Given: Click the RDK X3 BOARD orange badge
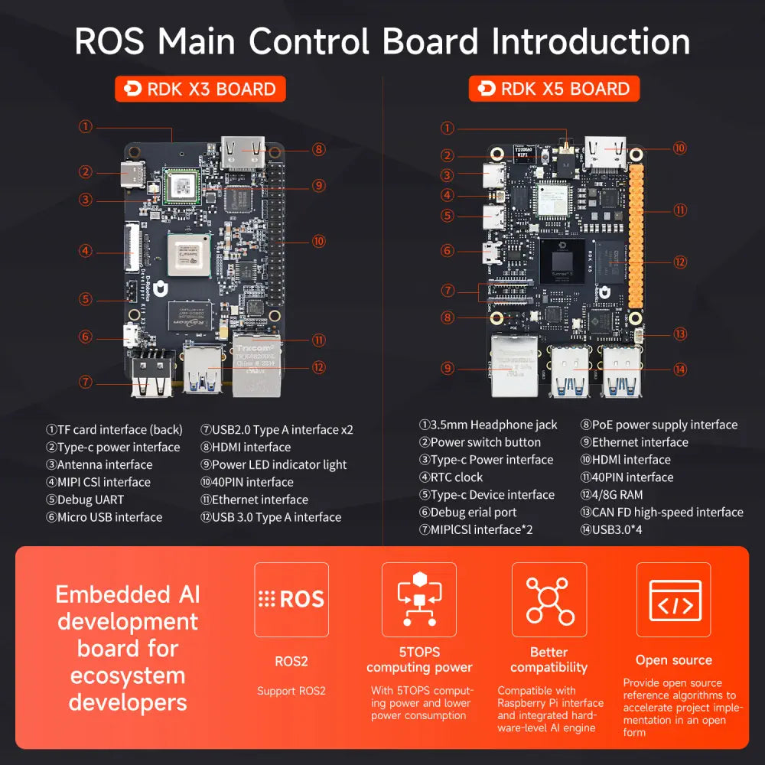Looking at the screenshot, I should [200, 89].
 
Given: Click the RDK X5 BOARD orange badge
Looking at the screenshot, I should [554, 89].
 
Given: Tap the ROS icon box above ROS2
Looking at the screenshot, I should [291, 599].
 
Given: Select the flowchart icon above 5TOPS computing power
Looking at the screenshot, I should [419, 599].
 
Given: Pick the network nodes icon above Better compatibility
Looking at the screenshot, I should [549, 599].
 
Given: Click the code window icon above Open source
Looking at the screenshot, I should [674, 599].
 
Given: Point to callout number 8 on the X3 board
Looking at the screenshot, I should [319, 150].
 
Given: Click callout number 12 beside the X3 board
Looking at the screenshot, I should [319, 367].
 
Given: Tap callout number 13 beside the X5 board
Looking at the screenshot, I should [680, 334].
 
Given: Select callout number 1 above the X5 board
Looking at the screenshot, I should [448, 129].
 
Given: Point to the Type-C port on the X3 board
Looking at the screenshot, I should [133, 173].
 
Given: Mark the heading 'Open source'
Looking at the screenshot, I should [673, 659].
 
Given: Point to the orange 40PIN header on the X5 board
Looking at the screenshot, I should [635, 245].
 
